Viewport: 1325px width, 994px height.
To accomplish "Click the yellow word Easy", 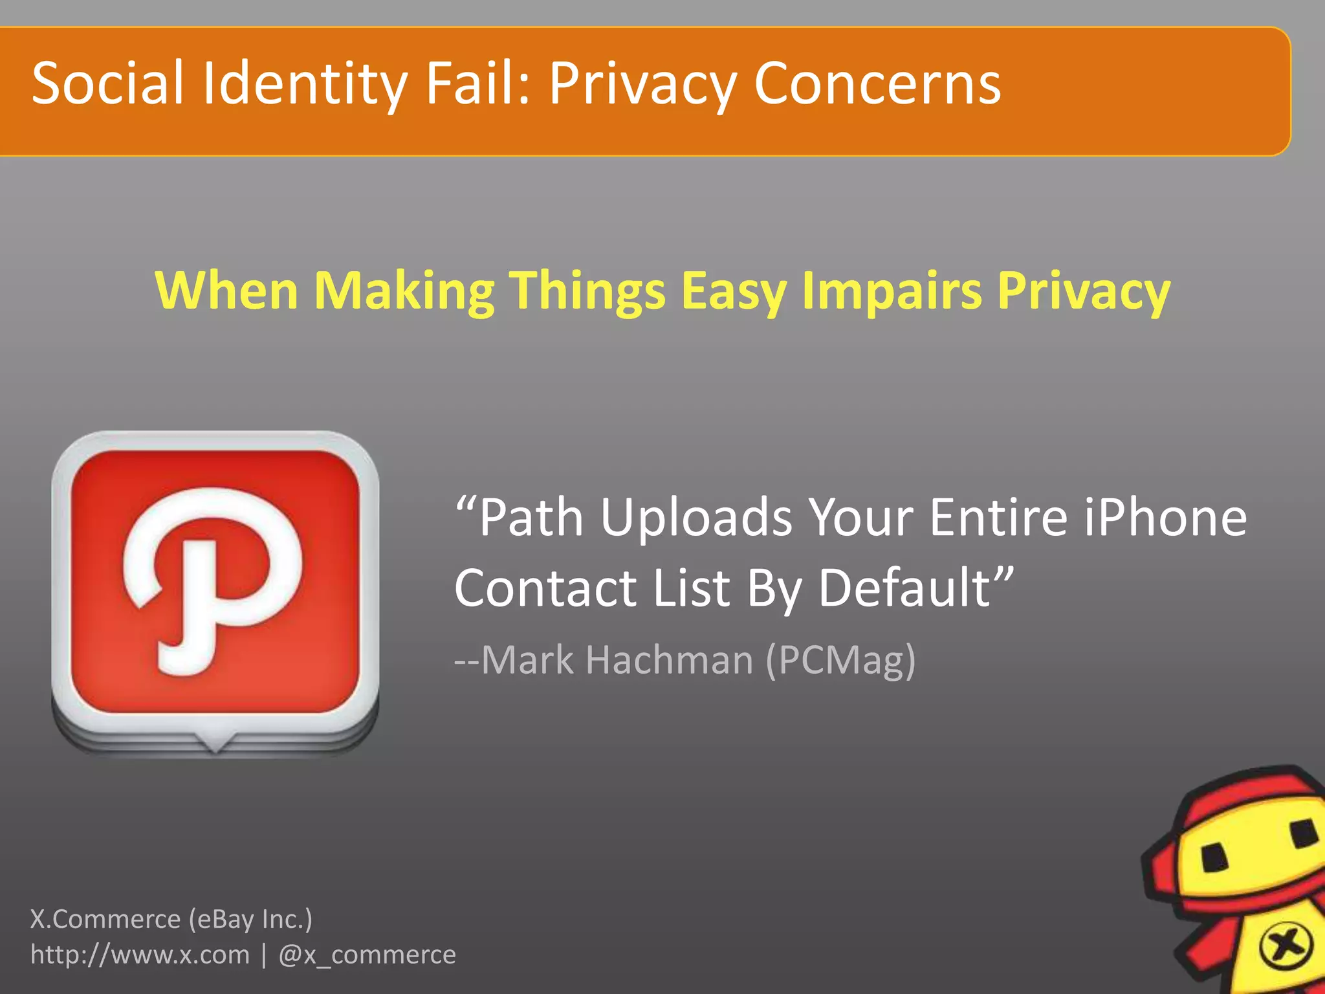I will point(734,291).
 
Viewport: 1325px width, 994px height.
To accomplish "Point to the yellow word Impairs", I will point(892,291).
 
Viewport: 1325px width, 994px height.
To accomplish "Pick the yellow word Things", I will point(587,291).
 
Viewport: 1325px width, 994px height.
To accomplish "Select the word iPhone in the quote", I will point(1165,518).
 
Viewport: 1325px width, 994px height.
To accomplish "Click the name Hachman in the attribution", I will point(669,660).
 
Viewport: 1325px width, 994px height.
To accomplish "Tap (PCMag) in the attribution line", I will point(841,660).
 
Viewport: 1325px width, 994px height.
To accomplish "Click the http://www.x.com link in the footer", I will point(140,955).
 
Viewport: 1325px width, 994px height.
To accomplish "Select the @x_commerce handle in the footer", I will point(367,955).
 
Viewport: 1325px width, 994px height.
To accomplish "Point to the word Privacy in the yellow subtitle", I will point(1084,291).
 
